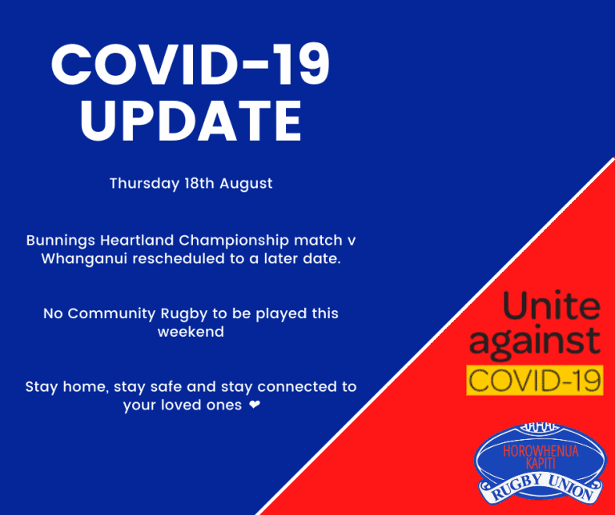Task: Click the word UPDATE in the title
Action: pos(191,121)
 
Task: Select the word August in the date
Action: pos(246,184)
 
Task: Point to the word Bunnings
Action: pos(60,241)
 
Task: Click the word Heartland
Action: pos(137,240)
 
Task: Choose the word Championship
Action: pos(234,241)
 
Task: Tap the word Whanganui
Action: pos(84,259)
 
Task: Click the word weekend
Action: pos(191,332)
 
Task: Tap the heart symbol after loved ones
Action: pos(255,404)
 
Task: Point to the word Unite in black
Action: pos(552,305)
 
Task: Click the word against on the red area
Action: pos(535,341)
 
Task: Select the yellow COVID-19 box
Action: pos(535,380)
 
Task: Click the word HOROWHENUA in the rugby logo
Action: pos(541,451)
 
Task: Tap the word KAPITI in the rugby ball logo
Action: pos(541,463)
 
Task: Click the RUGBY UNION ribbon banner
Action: pos(541,489)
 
